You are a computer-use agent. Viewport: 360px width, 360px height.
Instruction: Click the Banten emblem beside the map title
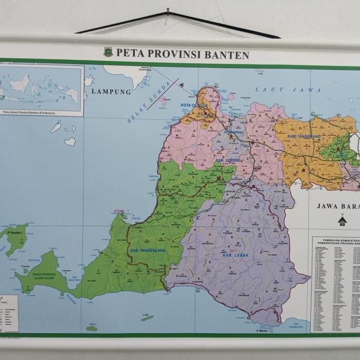(108, 52)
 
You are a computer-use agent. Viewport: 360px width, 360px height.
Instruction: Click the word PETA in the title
(129, 52)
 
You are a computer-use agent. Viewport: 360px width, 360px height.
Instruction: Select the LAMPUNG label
(111, 92)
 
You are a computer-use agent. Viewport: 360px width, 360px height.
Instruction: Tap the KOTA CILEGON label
(194, 105)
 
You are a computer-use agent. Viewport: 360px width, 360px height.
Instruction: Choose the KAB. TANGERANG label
(304, 136)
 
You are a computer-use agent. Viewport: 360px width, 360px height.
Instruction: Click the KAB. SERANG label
(228, 160)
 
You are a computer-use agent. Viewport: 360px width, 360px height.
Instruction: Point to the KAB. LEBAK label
(236, 255)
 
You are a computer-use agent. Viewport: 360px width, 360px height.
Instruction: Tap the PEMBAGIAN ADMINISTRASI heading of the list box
(335, 240)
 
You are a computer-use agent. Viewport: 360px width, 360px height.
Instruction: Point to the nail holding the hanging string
(168, 10)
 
